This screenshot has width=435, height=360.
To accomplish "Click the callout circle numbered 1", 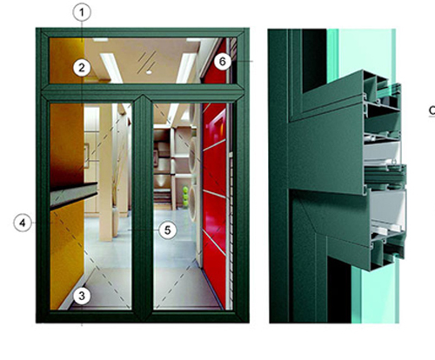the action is (x=82, y=12).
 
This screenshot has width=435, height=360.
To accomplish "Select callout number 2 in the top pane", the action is (x=82, y=68).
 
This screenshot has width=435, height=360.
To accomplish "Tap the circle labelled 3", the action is (x=82, y=296).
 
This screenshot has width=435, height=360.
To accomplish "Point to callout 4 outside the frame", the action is (x=23, y=223).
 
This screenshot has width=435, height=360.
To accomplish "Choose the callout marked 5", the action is (x=168, y=230).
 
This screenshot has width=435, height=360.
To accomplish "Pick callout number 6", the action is (x=223, y=62).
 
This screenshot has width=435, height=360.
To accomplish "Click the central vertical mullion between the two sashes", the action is (x=142, y=206).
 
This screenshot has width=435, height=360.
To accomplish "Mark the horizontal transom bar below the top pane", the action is (x=142, y=92).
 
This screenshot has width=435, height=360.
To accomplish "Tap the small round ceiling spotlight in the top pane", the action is (x=149, y=72).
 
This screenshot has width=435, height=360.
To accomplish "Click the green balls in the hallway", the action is (x=185, y=197).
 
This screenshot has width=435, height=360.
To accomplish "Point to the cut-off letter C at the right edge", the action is (x=432, y=110).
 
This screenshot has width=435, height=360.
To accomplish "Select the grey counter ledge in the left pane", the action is (x=74, y=195).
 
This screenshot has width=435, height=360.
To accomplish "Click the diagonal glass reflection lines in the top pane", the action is (x=147, y=61).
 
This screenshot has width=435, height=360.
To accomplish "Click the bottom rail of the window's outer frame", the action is (x=142, y=317).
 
